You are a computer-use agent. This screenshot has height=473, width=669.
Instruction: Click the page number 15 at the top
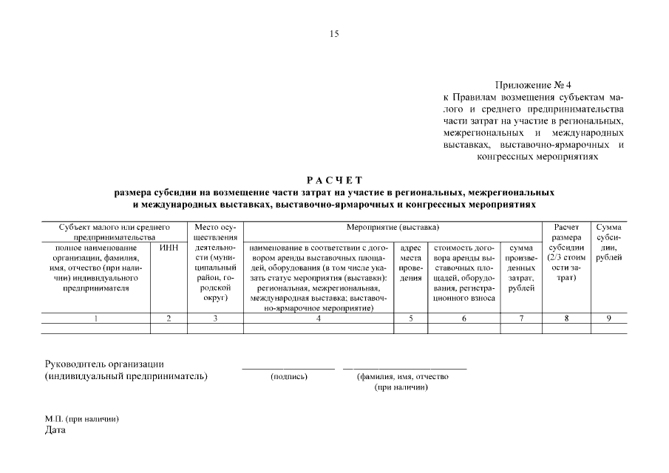pos(334,34)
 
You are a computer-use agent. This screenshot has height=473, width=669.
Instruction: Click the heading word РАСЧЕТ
pos(335,180)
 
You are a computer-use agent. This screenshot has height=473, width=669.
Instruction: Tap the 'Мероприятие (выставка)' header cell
pos(393,227)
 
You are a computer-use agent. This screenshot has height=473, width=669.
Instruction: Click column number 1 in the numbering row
pos(95,319)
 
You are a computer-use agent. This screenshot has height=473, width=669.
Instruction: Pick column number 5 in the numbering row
pos(410,319)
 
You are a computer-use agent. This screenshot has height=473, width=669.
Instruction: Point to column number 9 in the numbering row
pos(608,319)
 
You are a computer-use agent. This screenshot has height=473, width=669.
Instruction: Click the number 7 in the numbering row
pos(521,319)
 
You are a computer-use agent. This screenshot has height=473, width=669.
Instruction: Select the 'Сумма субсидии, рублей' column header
pos(608,242)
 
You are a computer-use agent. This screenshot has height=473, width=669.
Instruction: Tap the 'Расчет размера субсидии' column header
pos(566,252)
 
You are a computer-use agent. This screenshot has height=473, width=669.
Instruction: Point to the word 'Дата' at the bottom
pos(55,430)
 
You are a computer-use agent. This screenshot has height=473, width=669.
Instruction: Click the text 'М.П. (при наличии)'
pos(82,419)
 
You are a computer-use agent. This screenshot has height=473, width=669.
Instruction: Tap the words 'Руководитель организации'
pos(104,364)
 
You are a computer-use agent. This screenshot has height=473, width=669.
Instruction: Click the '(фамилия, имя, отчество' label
pos(402,377)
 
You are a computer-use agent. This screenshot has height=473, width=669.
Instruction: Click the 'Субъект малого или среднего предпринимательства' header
pos(115,231)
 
